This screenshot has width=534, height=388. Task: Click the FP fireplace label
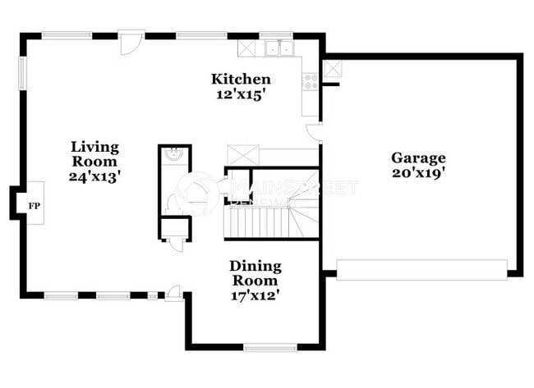(x=35, y=205)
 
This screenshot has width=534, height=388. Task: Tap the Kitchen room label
(x=241, y=80)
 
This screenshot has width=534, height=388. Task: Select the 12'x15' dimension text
(x=241, y=94)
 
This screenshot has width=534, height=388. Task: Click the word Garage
(x=417, y=157)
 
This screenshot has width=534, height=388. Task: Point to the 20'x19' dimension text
(x=417, y=173)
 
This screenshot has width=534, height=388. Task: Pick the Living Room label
(x=94, y=154)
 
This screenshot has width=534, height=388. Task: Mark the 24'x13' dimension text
(x=94, y=176)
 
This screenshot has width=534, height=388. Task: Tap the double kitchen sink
(x=277, y=48)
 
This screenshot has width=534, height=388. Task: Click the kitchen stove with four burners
(x=311, y=80)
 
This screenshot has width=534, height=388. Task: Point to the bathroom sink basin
(x=174, y=155)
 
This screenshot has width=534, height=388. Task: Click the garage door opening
(x=421, y=270)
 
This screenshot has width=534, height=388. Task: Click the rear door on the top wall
(x=131, y=43)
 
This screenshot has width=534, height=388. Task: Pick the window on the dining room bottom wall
(x=269, y=348)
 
